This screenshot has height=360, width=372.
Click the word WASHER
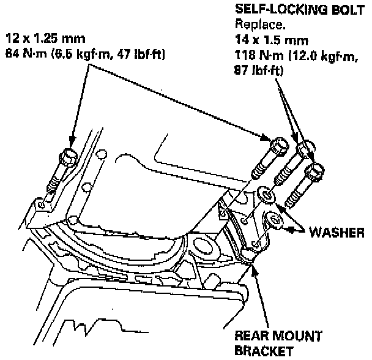pos(337,233)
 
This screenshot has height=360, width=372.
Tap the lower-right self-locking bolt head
pos(315,171)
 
